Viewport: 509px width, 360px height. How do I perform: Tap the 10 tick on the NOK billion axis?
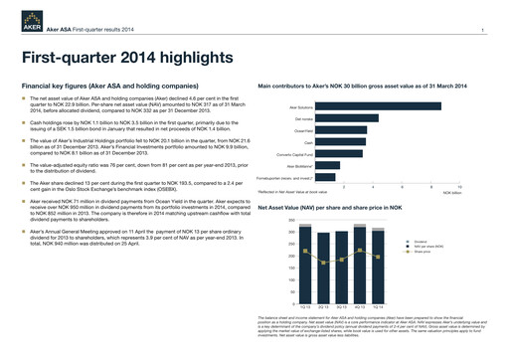click(x=459, y=186)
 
